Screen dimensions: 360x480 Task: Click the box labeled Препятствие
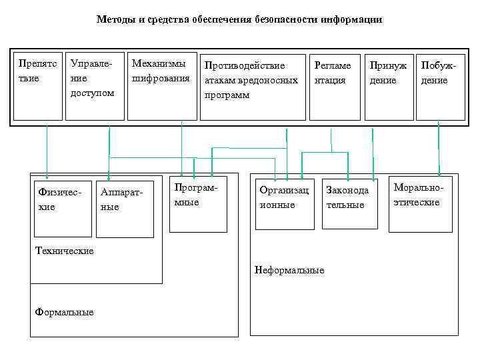[x=37, y=87]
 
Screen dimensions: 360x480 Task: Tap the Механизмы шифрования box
[x=161, y=87]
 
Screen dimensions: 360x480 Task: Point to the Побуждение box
[x=440, y=87]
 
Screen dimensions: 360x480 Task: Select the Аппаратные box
[x=125, y=209]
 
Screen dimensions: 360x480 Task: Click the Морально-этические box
[x=421, y=204]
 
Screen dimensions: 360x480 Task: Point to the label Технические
[x=65, y=251]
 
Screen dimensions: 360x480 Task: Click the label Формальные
[x=65, y=313]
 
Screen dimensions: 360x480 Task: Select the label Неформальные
[x=289, y=270]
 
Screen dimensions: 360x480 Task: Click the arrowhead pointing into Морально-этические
[x=439, y=173]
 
